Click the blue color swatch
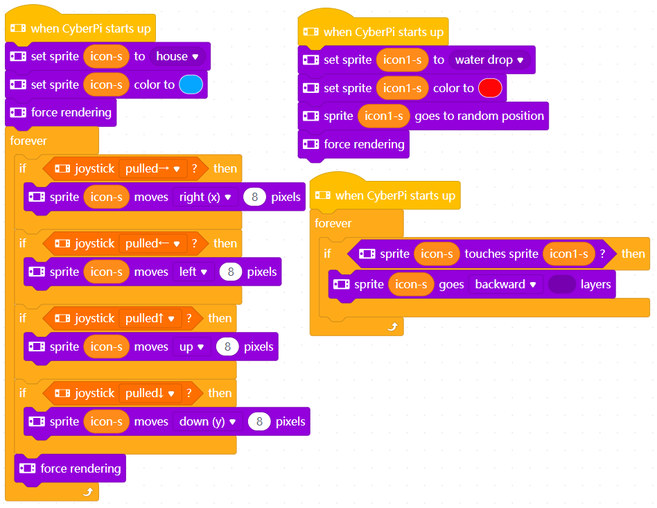click(191, 85)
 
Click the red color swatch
click(490, 88)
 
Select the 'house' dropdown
click(177, 56)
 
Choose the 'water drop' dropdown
click(489, 60)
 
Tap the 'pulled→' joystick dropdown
click(152, 168)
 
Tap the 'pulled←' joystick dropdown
click(152, 243)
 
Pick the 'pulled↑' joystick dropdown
click(150, 318)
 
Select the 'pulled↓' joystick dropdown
click(150, 393)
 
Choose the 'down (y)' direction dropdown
click(207, 421)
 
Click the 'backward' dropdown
click(505, 284)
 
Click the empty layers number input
click(561, 284)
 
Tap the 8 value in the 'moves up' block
click(227, 347)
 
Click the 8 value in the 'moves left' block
click(230, 272)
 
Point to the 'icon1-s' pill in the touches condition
click(569, 254)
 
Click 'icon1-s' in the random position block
click(384, 116)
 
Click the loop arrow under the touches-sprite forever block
click(392, 326)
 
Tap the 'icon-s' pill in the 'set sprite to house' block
click(106, 56)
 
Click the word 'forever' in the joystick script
click(28, 141)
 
